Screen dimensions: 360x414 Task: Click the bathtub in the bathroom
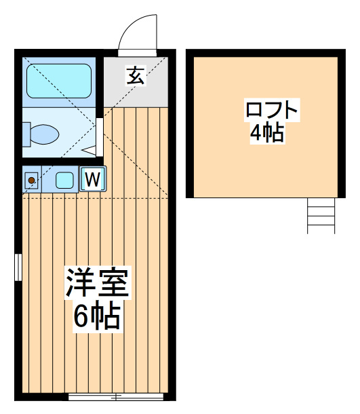pos(59,81)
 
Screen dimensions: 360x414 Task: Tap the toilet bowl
pos(45,134)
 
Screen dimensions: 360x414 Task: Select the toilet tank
pos(26,134)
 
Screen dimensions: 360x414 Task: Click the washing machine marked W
pos(93,178)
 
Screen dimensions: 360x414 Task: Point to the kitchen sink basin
pos(64,180)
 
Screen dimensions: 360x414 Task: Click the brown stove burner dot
pos(31,181)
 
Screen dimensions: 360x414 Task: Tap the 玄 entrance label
pos(136,76)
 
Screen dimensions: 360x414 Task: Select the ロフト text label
pos(272,109)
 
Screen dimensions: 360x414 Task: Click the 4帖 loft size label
pos(267,133)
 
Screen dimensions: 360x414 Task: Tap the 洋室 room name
pos(98,283)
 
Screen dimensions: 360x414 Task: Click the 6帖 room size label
pos(97,316)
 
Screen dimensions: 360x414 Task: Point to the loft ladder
pos(321,216)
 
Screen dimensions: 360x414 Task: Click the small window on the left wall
pos(18,267)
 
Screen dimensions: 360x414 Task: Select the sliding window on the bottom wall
pos(116,396)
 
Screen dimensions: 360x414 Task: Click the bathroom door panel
pos(100,137)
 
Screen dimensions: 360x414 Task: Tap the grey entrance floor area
pos(136,82)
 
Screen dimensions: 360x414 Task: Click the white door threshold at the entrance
pos(137,53)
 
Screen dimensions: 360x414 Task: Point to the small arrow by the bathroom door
pos(89,150)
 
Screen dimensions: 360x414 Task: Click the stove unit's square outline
pos(31,181)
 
